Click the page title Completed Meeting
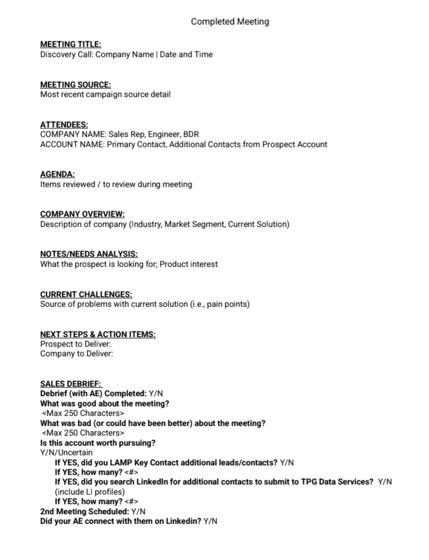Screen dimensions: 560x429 [x=230, y=22]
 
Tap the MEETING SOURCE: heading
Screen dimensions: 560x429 [x=75, y=84]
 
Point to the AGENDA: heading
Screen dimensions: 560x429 [x=57, y=174]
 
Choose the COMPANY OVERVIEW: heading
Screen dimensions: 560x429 [x=82, y=214]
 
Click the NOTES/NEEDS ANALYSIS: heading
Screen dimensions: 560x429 [x=89, y=254]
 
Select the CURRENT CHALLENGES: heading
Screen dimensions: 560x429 [x=86, y=294]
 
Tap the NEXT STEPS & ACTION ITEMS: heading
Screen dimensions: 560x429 [x=98, y=334]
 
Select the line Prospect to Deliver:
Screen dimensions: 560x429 [x=75, y=344]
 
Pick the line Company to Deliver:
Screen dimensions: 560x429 [x=77, y=354]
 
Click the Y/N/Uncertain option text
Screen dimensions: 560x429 [x=66, y=453]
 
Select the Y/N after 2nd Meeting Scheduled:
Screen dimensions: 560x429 [x=138, y=512]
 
